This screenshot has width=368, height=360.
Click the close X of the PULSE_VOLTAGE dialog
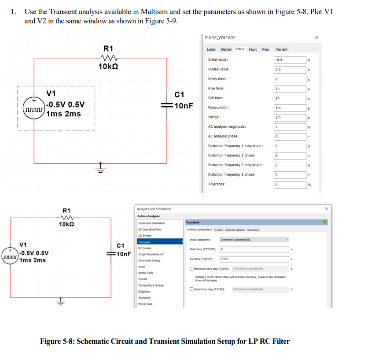point(317,37)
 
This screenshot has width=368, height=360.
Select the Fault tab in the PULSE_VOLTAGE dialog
point(253,49)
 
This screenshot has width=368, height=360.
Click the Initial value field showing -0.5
point(289,60)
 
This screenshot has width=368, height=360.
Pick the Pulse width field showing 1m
point(289,108)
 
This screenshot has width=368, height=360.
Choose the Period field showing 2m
point(289,117)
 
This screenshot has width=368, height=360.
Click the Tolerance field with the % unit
point(289,184)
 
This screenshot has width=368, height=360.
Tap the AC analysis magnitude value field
point(289,127)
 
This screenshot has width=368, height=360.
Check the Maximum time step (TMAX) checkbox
point(191,269)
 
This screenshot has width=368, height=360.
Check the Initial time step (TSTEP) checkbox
point(191,289)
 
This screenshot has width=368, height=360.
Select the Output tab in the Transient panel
point(218,230)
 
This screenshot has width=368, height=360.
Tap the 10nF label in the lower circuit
point(124,254)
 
